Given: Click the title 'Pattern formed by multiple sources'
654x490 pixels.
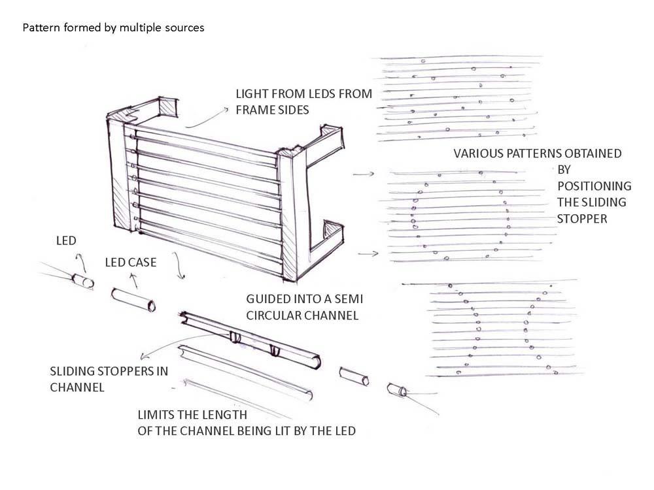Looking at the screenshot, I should coord(114,28).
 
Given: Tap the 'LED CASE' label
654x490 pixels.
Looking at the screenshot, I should coord(131,263).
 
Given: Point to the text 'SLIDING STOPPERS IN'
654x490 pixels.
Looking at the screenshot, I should coord(109,372).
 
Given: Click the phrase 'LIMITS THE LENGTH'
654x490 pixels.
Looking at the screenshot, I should coord(192,416).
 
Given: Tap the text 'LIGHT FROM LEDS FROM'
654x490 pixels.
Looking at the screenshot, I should coord(303,94).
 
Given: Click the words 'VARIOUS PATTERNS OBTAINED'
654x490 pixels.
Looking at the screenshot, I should coord(538,154).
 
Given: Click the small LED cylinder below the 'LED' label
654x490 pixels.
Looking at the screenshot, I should coord(82,282).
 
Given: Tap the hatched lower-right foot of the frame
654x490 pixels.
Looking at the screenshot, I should coord(333,232).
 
